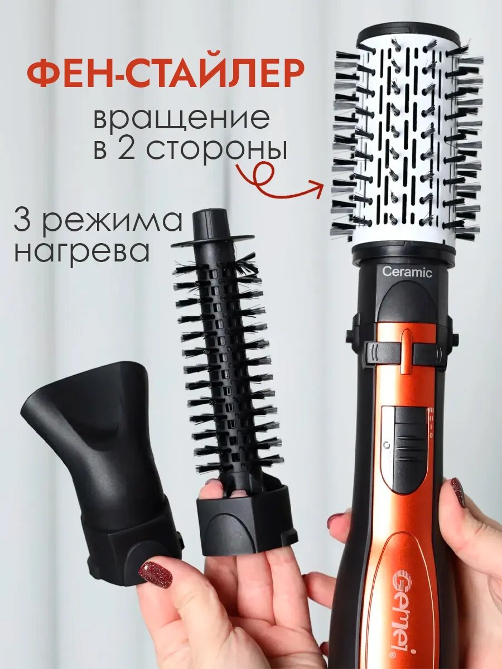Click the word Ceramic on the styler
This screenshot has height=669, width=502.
pos(407,273)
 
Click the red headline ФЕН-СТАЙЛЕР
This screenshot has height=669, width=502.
pos(166,74)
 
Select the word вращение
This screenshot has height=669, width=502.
pos(181,119)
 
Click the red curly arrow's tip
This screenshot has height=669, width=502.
pos(321,188)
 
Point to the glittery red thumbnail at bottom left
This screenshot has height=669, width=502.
pos(155,574)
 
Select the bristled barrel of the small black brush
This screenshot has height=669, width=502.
pos(226,362)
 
